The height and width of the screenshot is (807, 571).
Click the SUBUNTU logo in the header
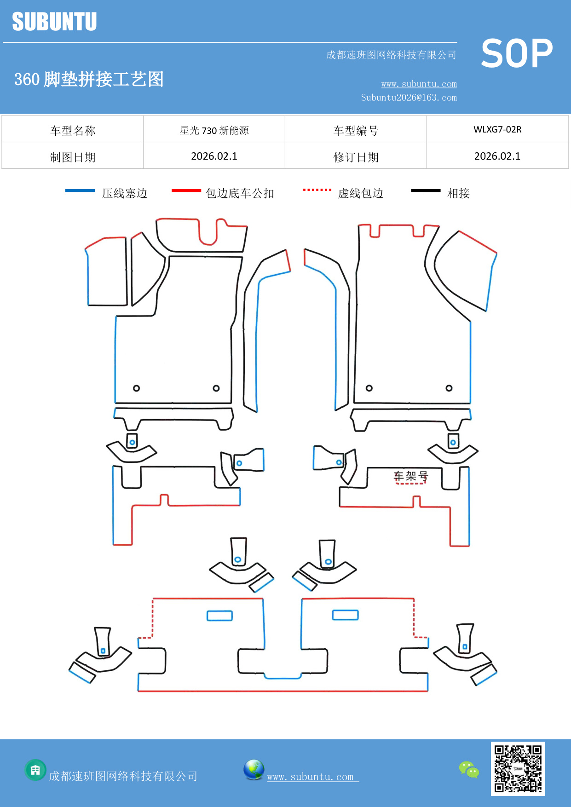[54, 22]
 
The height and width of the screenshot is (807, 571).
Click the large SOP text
[517, 53]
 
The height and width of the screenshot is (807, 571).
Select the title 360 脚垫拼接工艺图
[89, 79]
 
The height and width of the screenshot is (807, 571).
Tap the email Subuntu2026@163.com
[409, 98]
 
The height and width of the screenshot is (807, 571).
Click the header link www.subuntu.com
[419, 84]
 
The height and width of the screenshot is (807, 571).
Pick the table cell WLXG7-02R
[497, 129]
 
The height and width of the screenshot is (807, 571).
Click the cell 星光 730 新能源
[214, 130]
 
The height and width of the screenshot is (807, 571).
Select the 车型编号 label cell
[356, 131]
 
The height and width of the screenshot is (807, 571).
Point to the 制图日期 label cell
[73, 157]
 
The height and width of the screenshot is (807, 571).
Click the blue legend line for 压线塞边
[80, 190]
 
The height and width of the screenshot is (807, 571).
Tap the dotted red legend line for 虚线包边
[317, 190]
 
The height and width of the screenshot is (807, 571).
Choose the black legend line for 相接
[426, 190]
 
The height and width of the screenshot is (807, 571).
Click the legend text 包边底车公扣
[240, 193]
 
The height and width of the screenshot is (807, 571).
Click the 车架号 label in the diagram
[410, 476]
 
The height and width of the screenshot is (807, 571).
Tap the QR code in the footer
[518, 768]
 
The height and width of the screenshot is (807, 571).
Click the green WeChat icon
[469, 769]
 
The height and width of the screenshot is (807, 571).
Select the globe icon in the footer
[254, 769]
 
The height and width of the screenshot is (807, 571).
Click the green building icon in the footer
[35, 770]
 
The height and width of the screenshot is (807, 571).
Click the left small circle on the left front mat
[136, 388]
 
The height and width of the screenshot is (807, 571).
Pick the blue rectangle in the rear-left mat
[219, 616]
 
